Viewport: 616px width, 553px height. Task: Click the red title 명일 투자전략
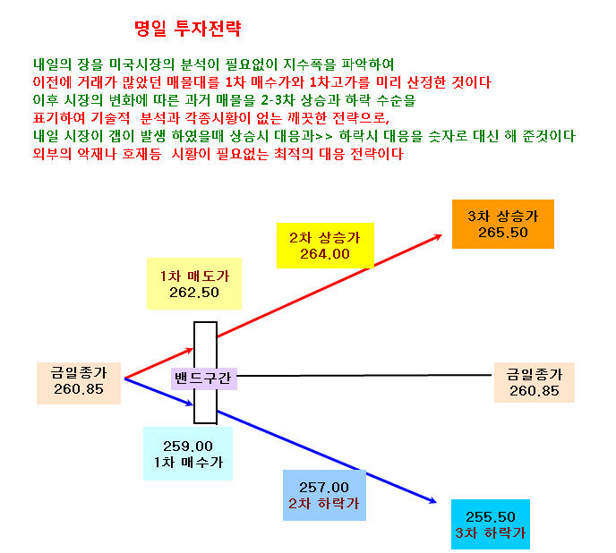coord(187,29)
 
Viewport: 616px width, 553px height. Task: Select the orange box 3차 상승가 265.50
coord(503,224)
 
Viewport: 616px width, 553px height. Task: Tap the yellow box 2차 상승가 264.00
coord(325,245)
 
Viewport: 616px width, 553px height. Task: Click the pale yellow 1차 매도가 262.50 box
coord(194,284)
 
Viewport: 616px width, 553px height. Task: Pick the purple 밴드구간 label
coord(204,379)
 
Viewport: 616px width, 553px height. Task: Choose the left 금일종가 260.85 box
coord(79,383)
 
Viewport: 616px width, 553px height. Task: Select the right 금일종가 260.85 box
coord(535,382)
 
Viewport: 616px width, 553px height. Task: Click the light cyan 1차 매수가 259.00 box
coord(188,454)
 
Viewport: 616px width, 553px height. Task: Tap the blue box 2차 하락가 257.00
coord(324,495)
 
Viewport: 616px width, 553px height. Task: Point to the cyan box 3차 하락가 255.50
coord(491,524)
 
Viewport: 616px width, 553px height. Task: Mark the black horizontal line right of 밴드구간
coord(364,376)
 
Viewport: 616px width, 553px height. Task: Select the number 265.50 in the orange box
coord(503,233)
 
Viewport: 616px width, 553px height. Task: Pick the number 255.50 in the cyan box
coord(491,516)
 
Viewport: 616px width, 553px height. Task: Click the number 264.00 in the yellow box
coord(325,254)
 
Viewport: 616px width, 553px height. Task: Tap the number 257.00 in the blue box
coord(324,488)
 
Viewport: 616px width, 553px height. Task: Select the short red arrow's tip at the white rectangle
coord(193,349)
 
